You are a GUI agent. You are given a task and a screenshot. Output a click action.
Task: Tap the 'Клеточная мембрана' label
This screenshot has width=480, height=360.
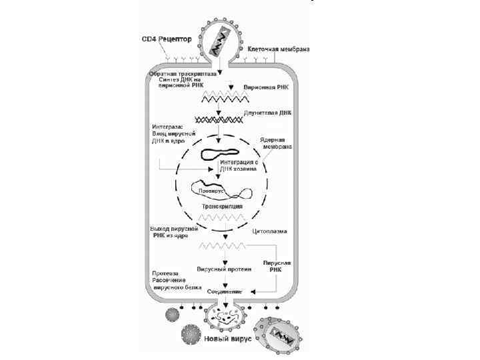click(279, 49)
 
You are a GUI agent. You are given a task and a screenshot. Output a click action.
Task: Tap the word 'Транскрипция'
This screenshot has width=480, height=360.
click(221, 207)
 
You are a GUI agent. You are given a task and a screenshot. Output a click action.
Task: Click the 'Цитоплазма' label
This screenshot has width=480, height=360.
click(270, 232)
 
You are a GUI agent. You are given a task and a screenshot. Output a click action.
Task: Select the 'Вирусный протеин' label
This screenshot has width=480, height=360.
click(224, 270)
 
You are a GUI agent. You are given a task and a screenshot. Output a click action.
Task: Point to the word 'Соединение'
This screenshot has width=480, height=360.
click(224, 292)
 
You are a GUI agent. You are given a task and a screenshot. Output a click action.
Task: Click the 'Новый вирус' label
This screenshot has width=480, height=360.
click(227, 339)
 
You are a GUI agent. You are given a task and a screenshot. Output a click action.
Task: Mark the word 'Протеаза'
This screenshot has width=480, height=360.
click(164, 273)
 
